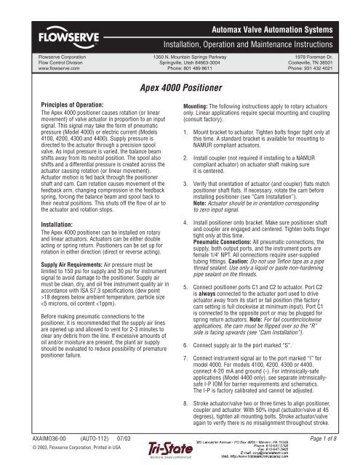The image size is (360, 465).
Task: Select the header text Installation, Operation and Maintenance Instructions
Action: pyautogui.click(x=259, y=34)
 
